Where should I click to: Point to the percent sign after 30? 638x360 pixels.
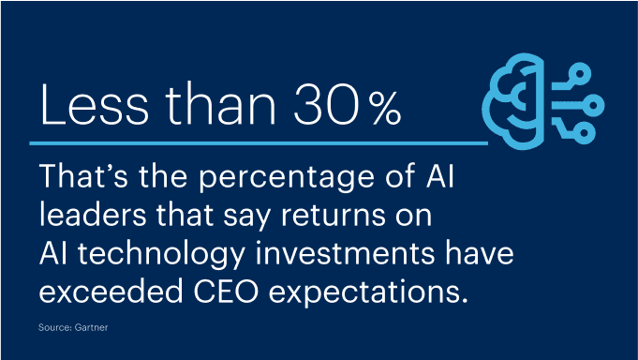(383, 112)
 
